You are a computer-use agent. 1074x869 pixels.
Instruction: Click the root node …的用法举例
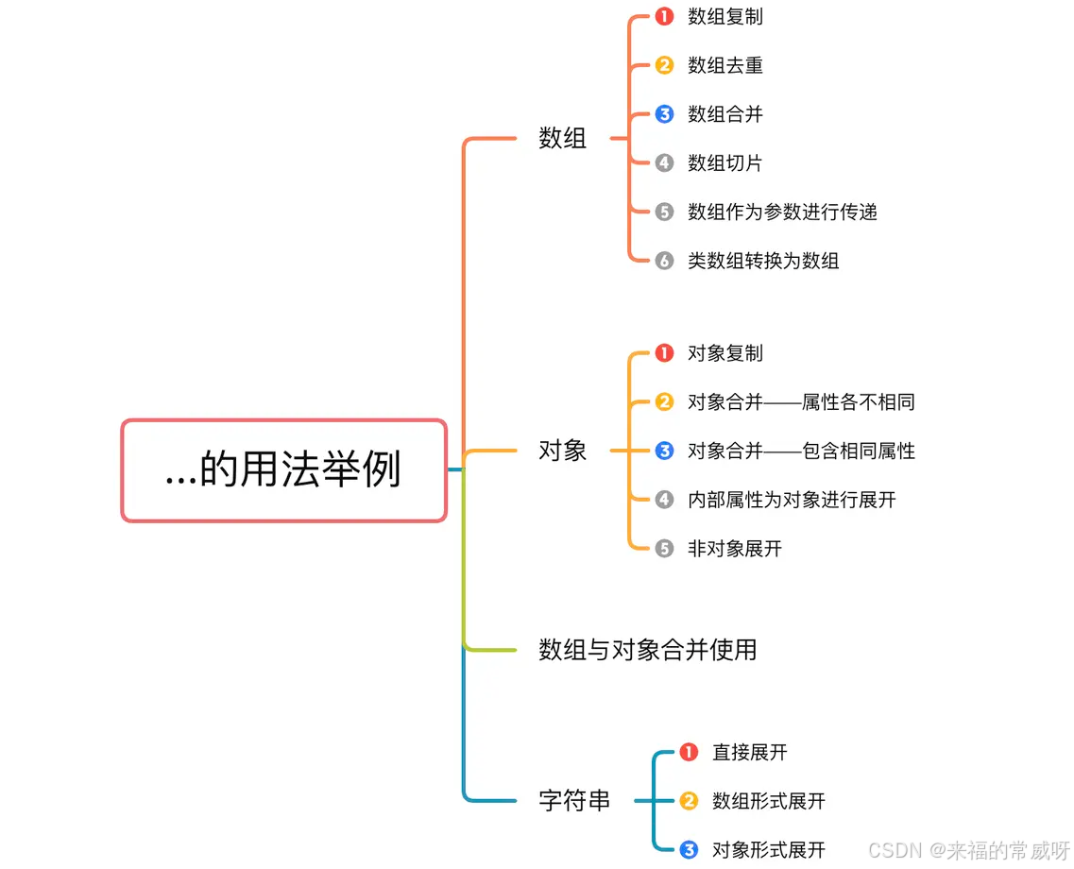(x=283, y=470)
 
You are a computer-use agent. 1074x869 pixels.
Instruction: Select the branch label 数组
(x=563, y=139)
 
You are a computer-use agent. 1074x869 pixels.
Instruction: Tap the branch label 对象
(x=563, y=451)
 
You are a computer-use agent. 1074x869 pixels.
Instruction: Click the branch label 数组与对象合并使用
(x=647, y=650)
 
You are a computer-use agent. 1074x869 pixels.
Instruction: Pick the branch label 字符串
(x=574, y=801)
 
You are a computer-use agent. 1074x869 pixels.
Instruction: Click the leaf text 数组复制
(x=725, y=16)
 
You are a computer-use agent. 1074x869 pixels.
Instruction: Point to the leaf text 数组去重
(x=725, y=65)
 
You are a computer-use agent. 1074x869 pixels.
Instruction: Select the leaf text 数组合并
(x=725, y=114)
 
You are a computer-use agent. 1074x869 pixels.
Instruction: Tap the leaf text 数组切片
(x=725, y=163)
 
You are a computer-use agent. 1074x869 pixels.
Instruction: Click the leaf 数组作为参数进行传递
(x=782, y=212)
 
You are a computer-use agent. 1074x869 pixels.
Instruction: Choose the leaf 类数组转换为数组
(x=763, y=261)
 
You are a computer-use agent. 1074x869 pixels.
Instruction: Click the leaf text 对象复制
(x=725, y=353)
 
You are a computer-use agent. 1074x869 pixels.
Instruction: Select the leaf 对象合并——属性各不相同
(x=801, y=402)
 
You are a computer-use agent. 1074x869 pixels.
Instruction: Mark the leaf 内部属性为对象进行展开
(x=792, y=500)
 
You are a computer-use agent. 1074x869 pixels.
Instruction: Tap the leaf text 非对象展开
(x=734, y=549)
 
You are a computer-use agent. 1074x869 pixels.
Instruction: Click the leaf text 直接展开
(x=749, y=752)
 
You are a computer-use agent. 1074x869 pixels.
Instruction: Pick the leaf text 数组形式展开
(x=768, y=801)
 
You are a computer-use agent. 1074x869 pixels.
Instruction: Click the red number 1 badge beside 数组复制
(x=664, y=16)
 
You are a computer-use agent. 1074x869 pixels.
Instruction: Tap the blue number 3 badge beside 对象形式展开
(x=689, y=850)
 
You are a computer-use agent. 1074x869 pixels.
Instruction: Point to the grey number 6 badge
(x=664, y=261)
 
